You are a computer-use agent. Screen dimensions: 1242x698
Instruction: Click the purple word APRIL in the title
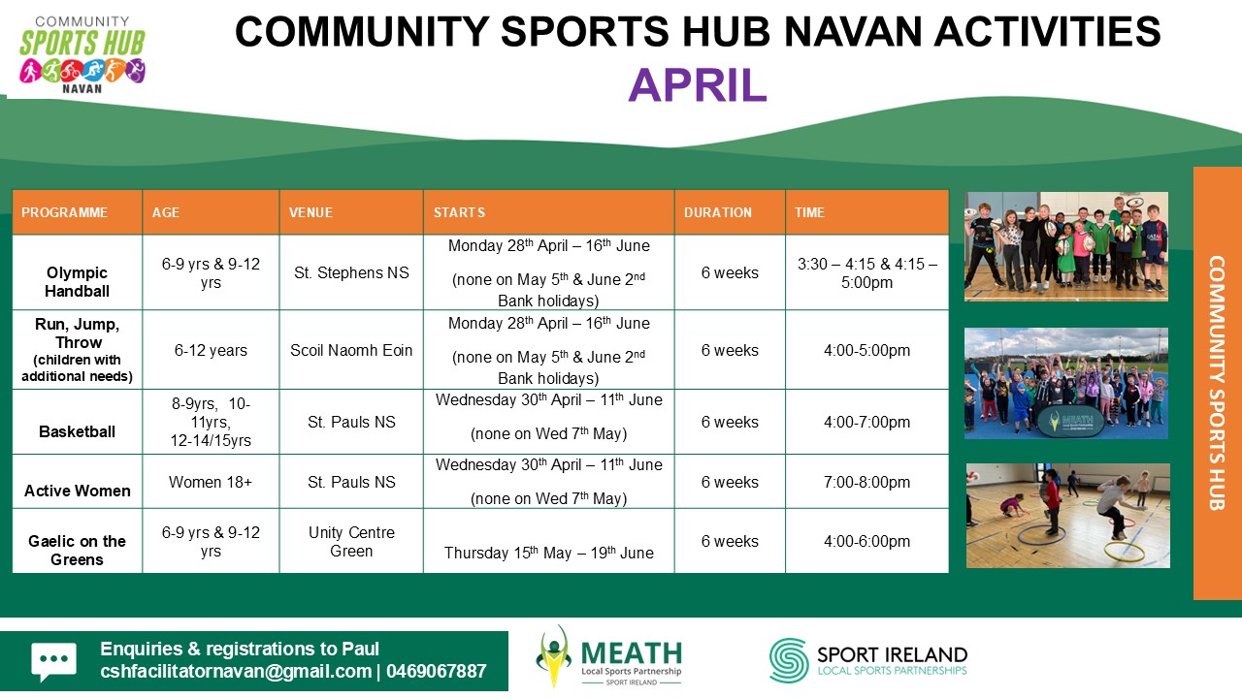[697, 84]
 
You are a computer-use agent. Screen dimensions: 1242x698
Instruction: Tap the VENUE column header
[310, 212]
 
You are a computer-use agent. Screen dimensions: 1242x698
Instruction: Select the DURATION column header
[717, 212]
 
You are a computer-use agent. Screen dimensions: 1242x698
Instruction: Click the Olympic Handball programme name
[77, 281]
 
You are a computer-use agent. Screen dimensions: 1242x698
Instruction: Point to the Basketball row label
[77, 431]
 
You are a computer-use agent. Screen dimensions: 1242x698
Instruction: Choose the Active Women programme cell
[77, 491]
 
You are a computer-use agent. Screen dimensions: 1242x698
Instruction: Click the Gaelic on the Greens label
[77, 550]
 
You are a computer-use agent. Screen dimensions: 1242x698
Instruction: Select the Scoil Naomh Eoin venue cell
[351, 350]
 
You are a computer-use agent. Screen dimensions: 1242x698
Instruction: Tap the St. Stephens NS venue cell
[351, 272]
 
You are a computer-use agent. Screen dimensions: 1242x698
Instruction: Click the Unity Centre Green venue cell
[351, 541]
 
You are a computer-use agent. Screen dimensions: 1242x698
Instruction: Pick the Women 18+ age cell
[211, 482]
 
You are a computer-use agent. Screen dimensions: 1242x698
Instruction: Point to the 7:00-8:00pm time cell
[866, 482]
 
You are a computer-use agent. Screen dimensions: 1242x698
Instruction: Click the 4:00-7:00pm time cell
[866, 422]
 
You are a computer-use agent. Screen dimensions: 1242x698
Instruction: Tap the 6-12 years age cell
[211, 350]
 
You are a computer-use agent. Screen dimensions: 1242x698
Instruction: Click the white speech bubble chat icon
[53, 661]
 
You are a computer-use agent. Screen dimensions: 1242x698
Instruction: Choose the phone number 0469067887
[436, 672]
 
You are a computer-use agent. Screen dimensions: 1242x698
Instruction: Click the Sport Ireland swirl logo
[789, 660]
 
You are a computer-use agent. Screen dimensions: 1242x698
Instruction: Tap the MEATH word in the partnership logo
[631, 653]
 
